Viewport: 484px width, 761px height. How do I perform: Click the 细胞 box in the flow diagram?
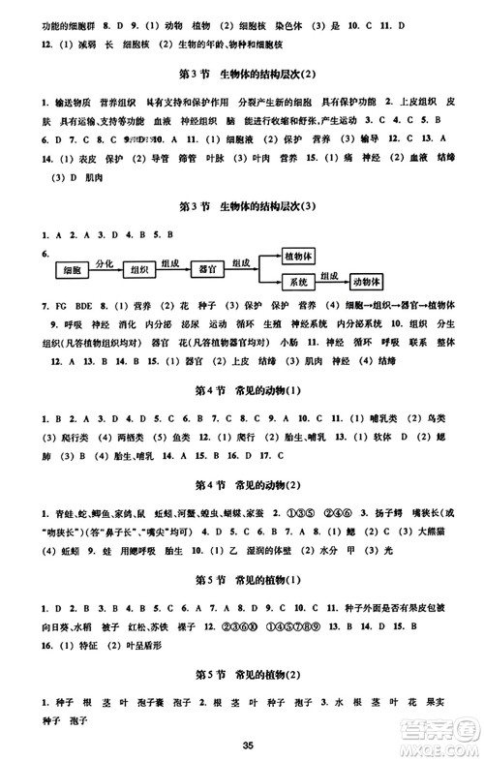tap(71, 269)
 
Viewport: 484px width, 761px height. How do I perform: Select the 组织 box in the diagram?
tap(138, 269)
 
